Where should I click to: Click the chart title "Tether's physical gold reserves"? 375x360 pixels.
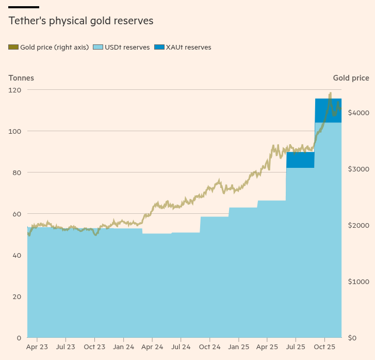click(x=80, y=21)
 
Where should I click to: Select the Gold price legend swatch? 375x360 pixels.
click(x=13, y=48)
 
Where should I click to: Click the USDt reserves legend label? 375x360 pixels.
click(x=127, y=48)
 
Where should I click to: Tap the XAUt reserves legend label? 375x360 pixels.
click(x=188, y=48)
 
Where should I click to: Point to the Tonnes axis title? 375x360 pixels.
click(x=21, y=78)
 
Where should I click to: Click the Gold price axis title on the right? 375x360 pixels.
click(x=351, y=78)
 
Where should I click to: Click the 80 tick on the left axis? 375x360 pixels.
click(x=17, y=173)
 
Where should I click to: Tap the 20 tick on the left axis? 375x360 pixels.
click(x=17, y=296)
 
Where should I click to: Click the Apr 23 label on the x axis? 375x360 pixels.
click(x=37, y=348)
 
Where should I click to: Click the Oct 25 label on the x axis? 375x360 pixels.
click(x=325, y=348)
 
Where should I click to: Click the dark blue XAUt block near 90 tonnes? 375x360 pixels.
click(x=300, y=160)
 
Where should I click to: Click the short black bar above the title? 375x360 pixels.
click(x=24, y=7)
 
